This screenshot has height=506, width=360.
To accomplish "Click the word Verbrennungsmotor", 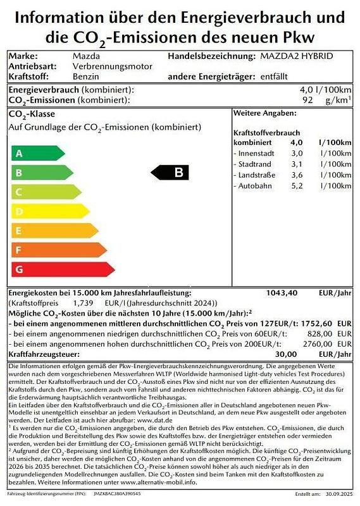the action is pyautogui.click(x=113, y=66).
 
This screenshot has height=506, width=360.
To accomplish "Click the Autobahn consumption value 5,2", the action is pyautogui.click(x=297, y=186).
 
